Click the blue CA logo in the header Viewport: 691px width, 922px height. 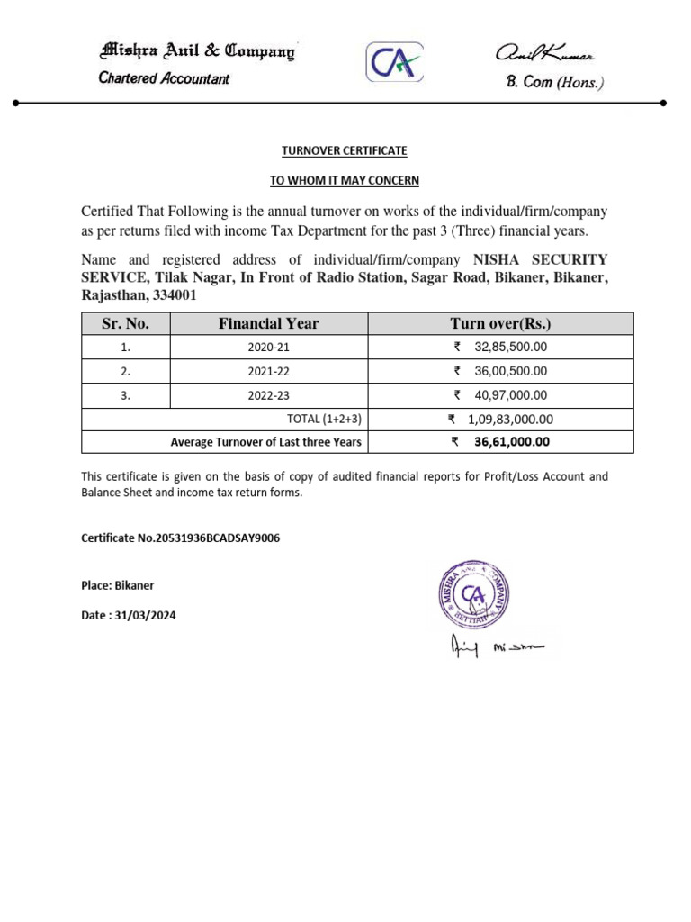[394, 63]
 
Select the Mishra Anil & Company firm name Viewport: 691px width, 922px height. [197, 51]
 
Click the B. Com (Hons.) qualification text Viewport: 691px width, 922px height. [555, 83]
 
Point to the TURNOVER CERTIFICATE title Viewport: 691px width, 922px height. [345, 150]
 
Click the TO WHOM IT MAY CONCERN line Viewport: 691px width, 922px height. [345, 180]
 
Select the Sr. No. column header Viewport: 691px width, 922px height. [125, 323]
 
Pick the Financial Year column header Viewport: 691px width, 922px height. [268, 323]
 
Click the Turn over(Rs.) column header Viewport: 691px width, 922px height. [500, 323]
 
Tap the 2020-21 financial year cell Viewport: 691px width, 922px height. [269, 347]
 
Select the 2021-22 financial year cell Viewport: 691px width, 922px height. [269, 371]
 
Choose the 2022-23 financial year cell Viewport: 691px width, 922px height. [269, 395]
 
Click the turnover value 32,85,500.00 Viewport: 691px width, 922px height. [510, 347]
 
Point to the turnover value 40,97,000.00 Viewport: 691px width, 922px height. [510, 395]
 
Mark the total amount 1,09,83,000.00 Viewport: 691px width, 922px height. [510, 419]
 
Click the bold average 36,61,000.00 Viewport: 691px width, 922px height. [511, 442]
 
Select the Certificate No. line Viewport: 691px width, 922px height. [181, 538]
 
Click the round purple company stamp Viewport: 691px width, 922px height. [474, 594]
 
